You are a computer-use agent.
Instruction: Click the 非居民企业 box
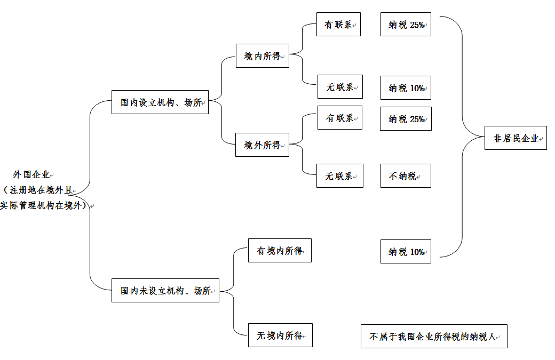516,138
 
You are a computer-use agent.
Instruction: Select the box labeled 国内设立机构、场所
160,102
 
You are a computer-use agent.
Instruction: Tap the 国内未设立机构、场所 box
165,291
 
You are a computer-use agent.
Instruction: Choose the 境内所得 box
262,56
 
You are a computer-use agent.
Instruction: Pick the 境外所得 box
262,145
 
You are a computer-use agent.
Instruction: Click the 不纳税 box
406,176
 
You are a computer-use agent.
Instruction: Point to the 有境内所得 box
280,251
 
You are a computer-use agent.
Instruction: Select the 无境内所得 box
280,335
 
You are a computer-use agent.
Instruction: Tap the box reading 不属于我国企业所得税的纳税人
434,337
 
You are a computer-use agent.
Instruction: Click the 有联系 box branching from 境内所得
338,25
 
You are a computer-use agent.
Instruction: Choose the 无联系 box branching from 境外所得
339,176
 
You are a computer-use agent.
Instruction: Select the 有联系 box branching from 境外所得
339,118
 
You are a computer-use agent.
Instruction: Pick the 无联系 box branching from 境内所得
340,87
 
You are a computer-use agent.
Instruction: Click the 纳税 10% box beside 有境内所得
406,252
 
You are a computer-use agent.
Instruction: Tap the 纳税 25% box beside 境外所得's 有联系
406,119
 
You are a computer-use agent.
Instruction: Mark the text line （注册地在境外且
38,190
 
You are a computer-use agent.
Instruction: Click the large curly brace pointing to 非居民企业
463,137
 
